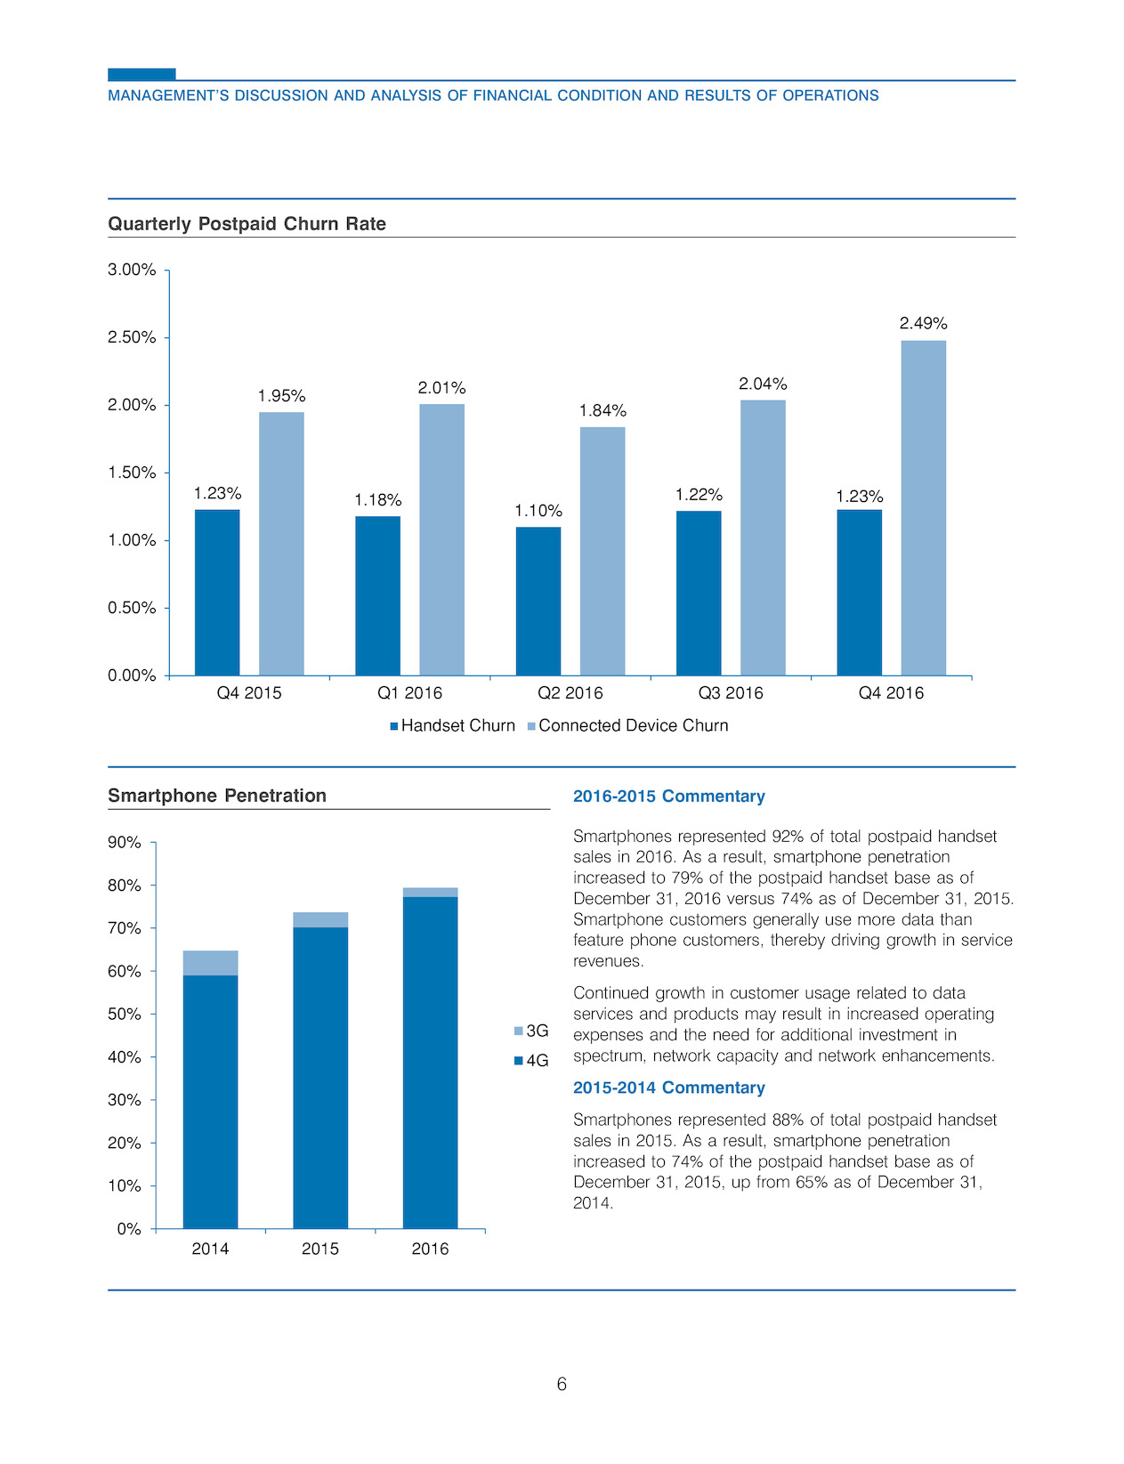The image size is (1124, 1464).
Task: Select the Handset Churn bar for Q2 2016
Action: pyautogui.click(x=538, y=601)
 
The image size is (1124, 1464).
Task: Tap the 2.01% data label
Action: pyautogui.click(x=441, y=388)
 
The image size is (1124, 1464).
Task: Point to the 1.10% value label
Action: pyautogui.click(x=538, y=511)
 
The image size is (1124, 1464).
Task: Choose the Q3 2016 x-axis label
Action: pyautogui.click(x=731, y=693)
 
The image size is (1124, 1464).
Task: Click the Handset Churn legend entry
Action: pyautogui.click(x=453, y=725)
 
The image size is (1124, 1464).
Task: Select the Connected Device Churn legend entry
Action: pyautogui.click(x=627, y=725)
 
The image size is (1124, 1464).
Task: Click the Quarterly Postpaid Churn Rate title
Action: pyautogui.click(x=247, y=223)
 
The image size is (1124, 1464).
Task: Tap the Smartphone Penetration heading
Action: pyautogui.click(x=217, y=796)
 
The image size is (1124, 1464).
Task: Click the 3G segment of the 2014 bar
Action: pyautogui.click(x=210, y=963)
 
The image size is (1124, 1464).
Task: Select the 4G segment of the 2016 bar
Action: pyautogui.click(x=431, y=1063)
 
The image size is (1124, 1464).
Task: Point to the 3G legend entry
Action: pyautogui.click(x=531, y=1030)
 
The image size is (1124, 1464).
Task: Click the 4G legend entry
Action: pyautogui.click(x=531, y=1061)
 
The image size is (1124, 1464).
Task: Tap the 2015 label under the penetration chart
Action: pyautogui.click(x=319, y=1250)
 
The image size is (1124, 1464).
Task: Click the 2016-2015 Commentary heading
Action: pyautogui.click(x=668, y=796)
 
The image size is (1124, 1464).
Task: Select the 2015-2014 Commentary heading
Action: pyautogui.click(x=668, y=1088)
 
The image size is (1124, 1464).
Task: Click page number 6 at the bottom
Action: pyautogui.click(x=562, y=1384)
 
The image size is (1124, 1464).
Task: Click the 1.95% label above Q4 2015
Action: pyautogui.click(x=281, y=396)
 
